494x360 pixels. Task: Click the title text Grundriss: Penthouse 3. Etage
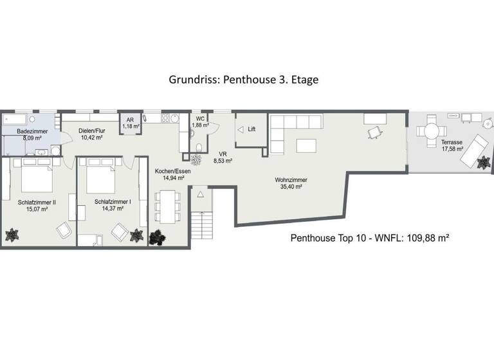tap(244, 80)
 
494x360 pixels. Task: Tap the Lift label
tap(252, 129)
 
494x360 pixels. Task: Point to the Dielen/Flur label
tap(91, 131)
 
